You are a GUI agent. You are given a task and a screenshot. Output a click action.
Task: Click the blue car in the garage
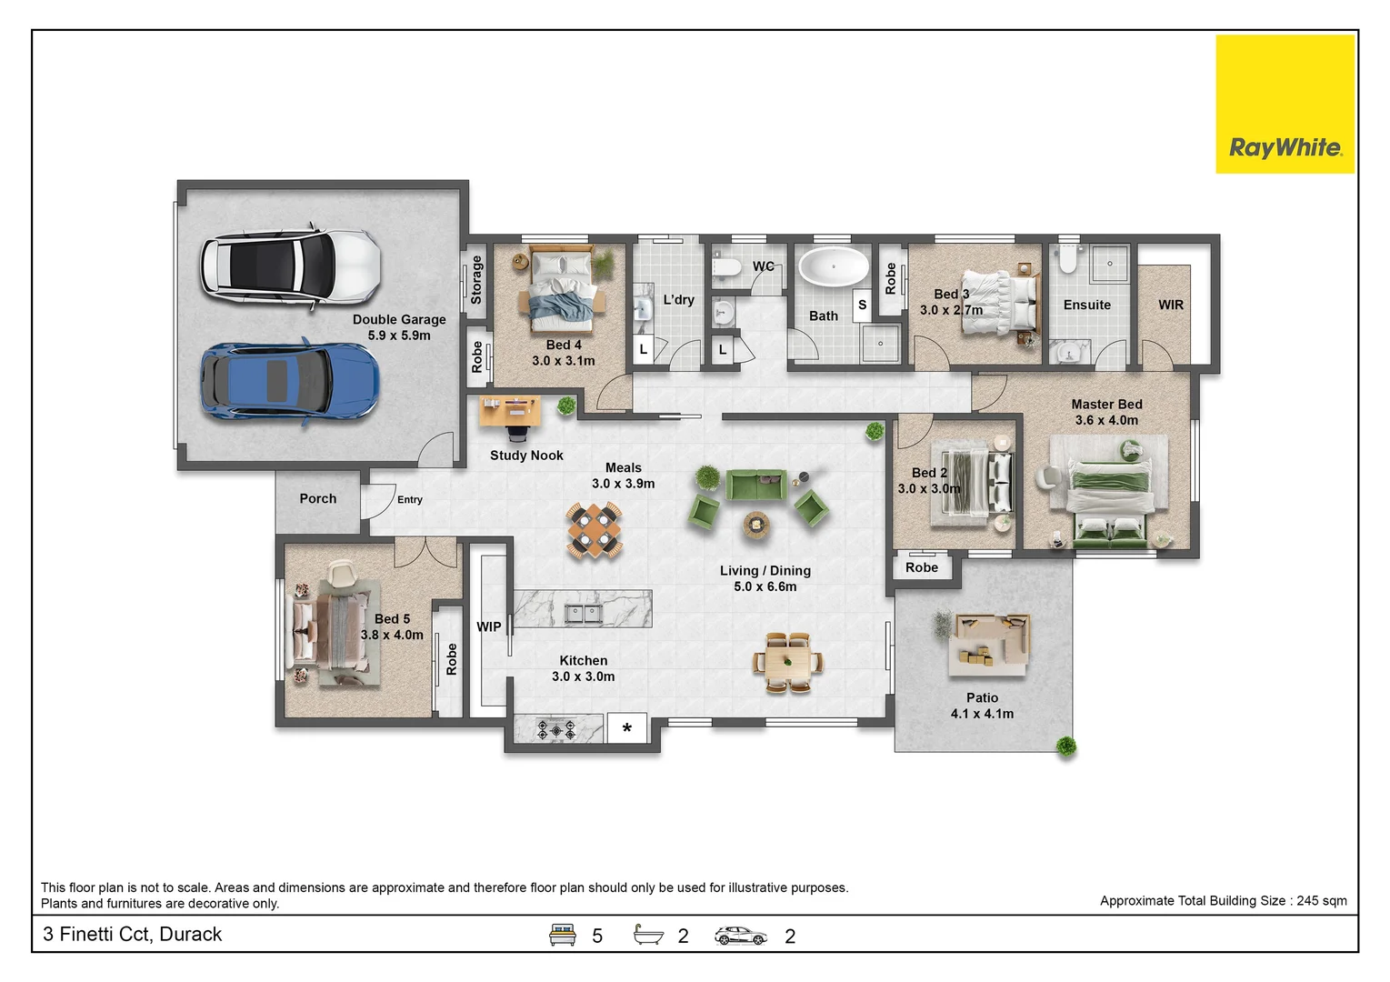coord(289,381)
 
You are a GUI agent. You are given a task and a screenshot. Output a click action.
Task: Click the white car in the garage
coord(290,267)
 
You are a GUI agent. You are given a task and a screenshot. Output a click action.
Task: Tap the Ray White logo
coord(1285,105)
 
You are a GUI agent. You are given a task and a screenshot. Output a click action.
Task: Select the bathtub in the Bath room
coord(834,267)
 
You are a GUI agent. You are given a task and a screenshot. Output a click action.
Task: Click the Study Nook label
coord(526,456)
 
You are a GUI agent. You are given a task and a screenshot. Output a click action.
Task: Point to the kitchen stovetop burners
coord(556,730)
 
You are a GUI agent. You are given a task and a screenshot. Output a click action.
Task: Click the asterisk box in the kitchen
coord(626,728)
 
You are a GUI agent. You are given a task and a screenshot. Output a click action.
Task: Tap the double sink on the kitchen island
coord(584,614)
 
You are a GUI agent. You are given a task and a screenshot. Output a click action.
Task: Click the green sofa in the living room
coord(756,485)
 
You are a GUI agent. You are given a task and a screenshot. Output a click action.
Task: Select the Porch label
coord(317,498)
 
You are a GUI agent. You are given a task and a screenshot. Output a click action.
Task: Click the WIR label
coord(1170,305)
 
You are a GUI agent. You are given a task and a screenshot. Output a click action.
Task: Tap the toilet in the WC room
coord(726,267)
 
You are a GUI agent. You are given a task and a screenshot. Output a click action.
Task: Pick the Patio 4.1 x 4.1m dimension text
coord(982,714)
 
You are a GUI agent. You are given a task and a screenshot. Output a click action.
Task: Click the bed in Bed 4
coord(562,290)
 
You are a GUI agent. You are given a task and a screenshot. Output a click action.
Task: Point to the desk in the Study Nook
coord(509,411)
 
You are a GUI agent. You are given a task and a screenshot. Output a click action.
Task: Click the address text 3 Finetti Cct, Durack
coord(132,934)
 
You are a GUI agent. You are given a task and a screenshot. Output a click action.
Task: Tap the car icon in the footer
coord(740,936)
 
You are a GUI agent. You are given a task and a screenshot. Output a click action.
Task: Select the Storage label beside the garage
coord(476,280)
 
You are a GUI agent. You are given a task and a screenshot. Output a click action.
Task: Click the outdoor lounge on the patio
coord(989,645)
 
